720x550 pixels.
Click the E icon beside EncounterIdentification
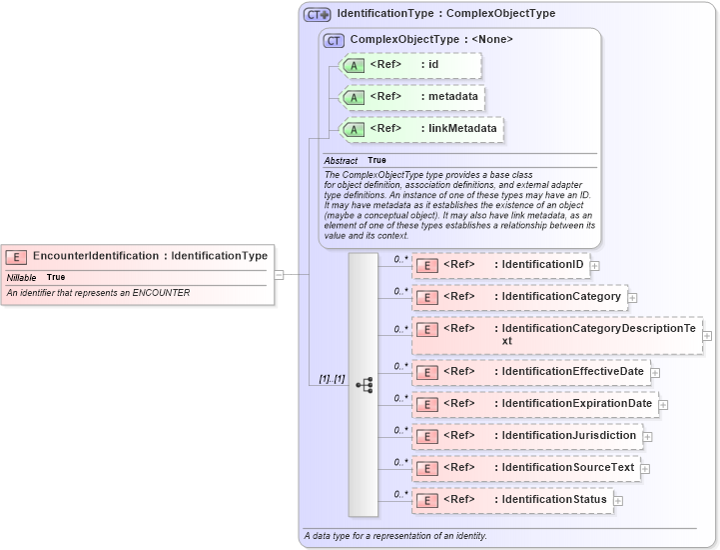point(17,257)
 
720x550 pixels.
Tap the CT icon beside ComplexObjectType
point(334,40)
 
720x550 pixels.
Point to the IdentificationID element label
point(542,265)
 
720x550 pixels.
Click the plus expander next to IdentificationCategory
point(632,298)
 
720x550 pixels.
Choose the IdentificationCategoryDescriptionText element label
point(598,334)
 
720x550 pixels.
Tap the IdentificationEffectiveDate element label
point(572,372)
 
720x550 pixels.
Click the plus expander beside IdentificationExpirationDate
point(663,405)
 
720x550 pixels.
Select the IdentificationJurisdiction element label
point(568,436)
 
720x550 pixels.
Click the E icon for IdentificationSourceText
point(426,468)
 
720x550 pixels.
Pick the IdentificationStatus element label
point(553,499)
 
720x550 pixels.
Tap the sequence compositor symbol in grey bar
point(363,384)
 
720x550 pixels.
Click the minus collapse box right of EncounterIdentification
point(280,274)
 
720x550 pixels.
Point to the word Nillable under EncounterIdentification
point(21,277)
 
